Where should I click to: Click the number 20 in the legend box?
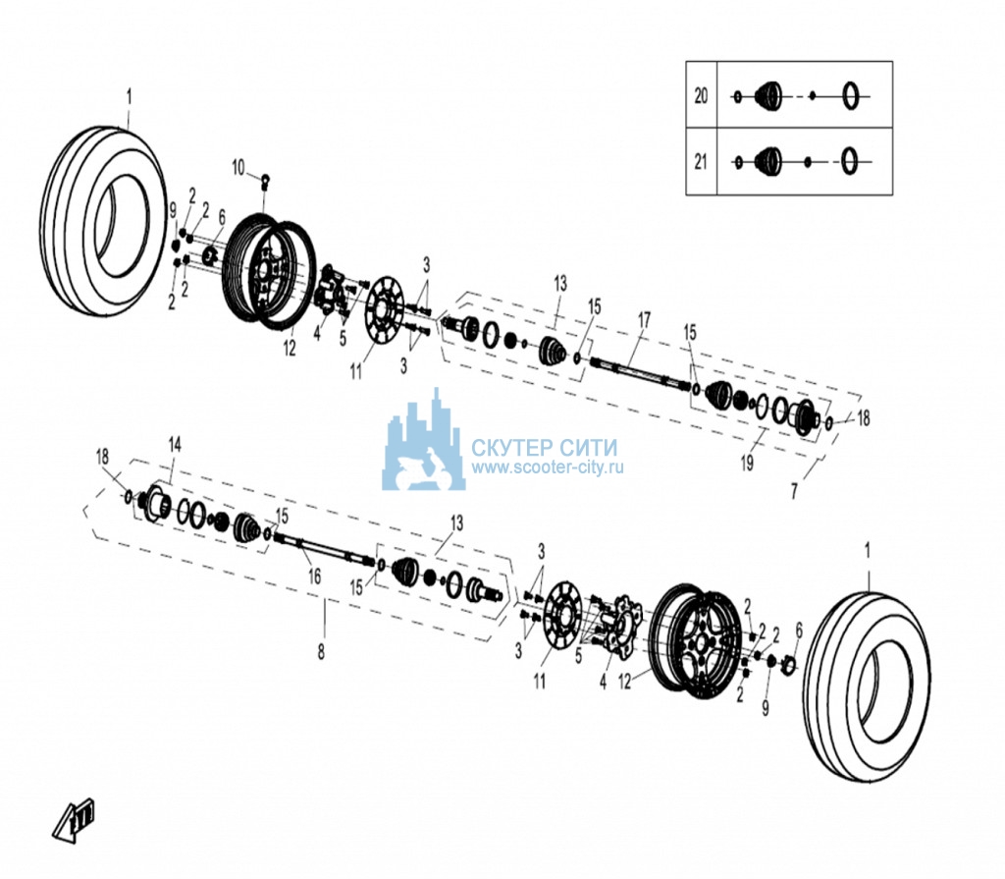[701, 95]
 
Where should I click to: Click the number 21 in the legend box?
[701, 162]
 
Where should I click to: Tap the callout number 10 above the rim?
[238, 168]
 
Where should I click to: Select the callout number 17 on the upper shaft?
[644, 319]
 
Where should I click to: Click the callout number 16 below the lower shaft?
[314, 577]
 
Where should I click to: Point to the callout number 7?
[794, 491]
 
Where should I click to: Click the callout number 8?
[321, 652]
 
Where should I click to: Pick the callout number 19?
[747, 463]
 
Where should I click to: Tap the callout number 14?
[175, 444]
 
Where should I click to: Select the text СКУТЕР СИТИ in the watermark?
[545, 447]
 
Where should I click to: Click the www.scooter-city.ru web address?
[548, 467]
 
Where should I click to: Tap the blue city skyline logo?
[423, 443]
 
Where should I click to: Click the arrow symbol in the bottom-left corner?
[74, 820]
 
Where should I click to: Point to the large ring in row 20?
[850, 96]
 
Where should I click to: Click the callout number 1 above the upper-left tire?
[130, 97]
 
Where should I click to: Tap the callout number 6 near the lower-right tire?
[799, 631]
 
